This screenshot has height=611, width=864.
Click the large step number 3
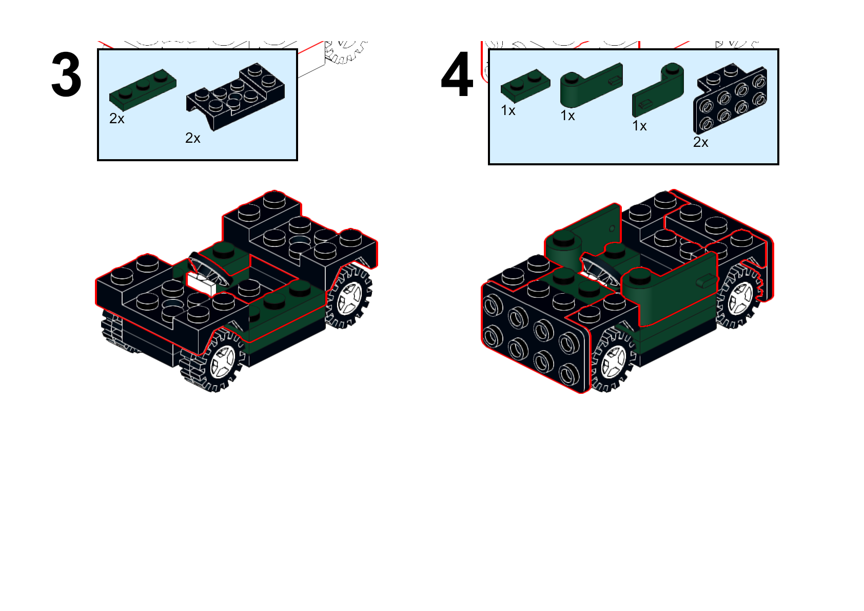point(66,76)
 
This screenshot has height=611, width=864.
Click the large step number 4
point(457,75)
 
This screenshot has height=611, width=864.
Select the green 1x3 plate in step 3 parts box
point(143,89)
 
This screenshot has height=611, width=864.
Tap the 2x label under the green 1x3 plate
point(117,119)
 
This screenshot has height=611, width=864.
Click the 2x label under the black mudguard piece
point(193,138)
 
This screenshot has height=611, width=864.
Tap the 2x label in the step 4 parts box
point(700,142)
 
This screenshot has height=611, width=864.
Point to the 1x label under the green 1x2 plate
point(508,111)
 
